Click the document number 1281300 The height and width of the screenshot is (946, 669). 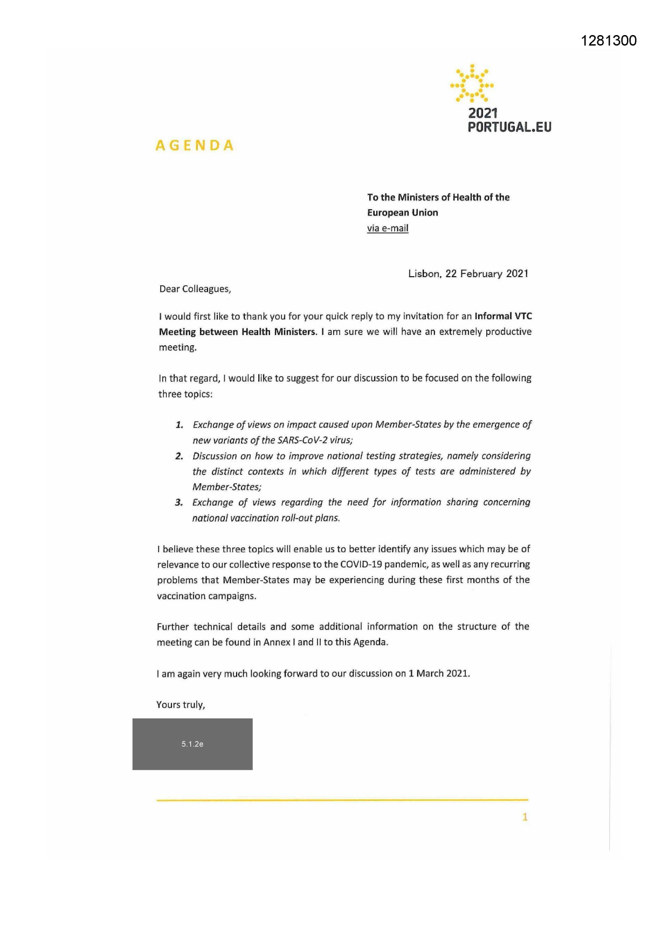609,40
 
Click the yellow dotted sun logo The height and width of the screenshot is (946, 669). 472,84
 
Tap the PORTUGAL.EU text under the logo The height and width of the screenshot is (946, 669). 509,127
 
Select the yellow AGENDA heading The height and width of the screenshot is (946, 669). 195,146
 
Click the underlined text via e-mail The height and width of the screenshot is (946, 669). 388,228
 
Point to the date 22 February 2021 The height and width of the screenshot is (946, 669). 487,273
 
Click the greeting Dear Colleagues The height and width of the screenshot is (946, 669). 195,289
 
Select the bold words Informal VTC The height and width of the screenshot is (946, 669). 503,316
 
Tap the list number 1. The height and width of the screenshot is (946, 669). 179,425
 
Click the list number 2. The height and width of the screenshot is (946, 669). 179,456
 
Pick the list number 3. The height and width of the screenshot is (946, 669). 178,503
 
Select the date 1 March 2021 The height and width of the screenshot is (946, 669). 439,674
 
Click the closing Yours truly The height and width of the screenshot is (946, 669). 181,705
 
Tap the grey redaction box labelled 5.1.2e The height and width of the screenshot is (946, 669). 192,744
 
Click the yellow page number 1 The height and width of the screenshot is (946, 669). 525,817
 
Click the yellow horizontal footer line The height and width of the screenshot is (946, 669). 342,800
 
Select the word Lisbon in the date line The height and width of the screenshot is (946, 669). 424,273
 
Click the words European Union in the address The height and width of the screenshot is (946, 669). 402,212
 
